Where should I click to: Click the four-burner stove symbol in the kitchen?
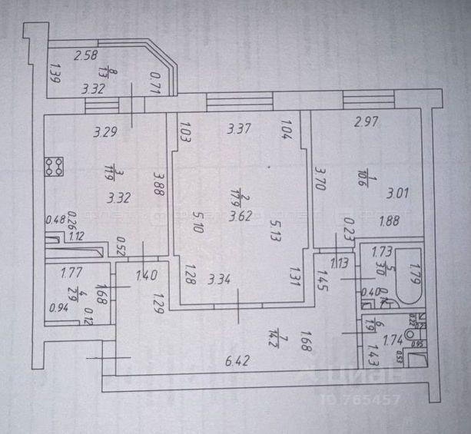(55, 165)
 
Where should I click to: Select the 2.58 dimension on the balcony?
(86, 55)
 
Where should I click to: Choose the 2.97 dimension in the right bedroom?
(367, 121)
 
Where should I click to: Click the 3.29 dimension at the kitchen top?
(105, 131)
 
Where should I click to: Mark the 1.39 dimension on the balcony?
(55, 75)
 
